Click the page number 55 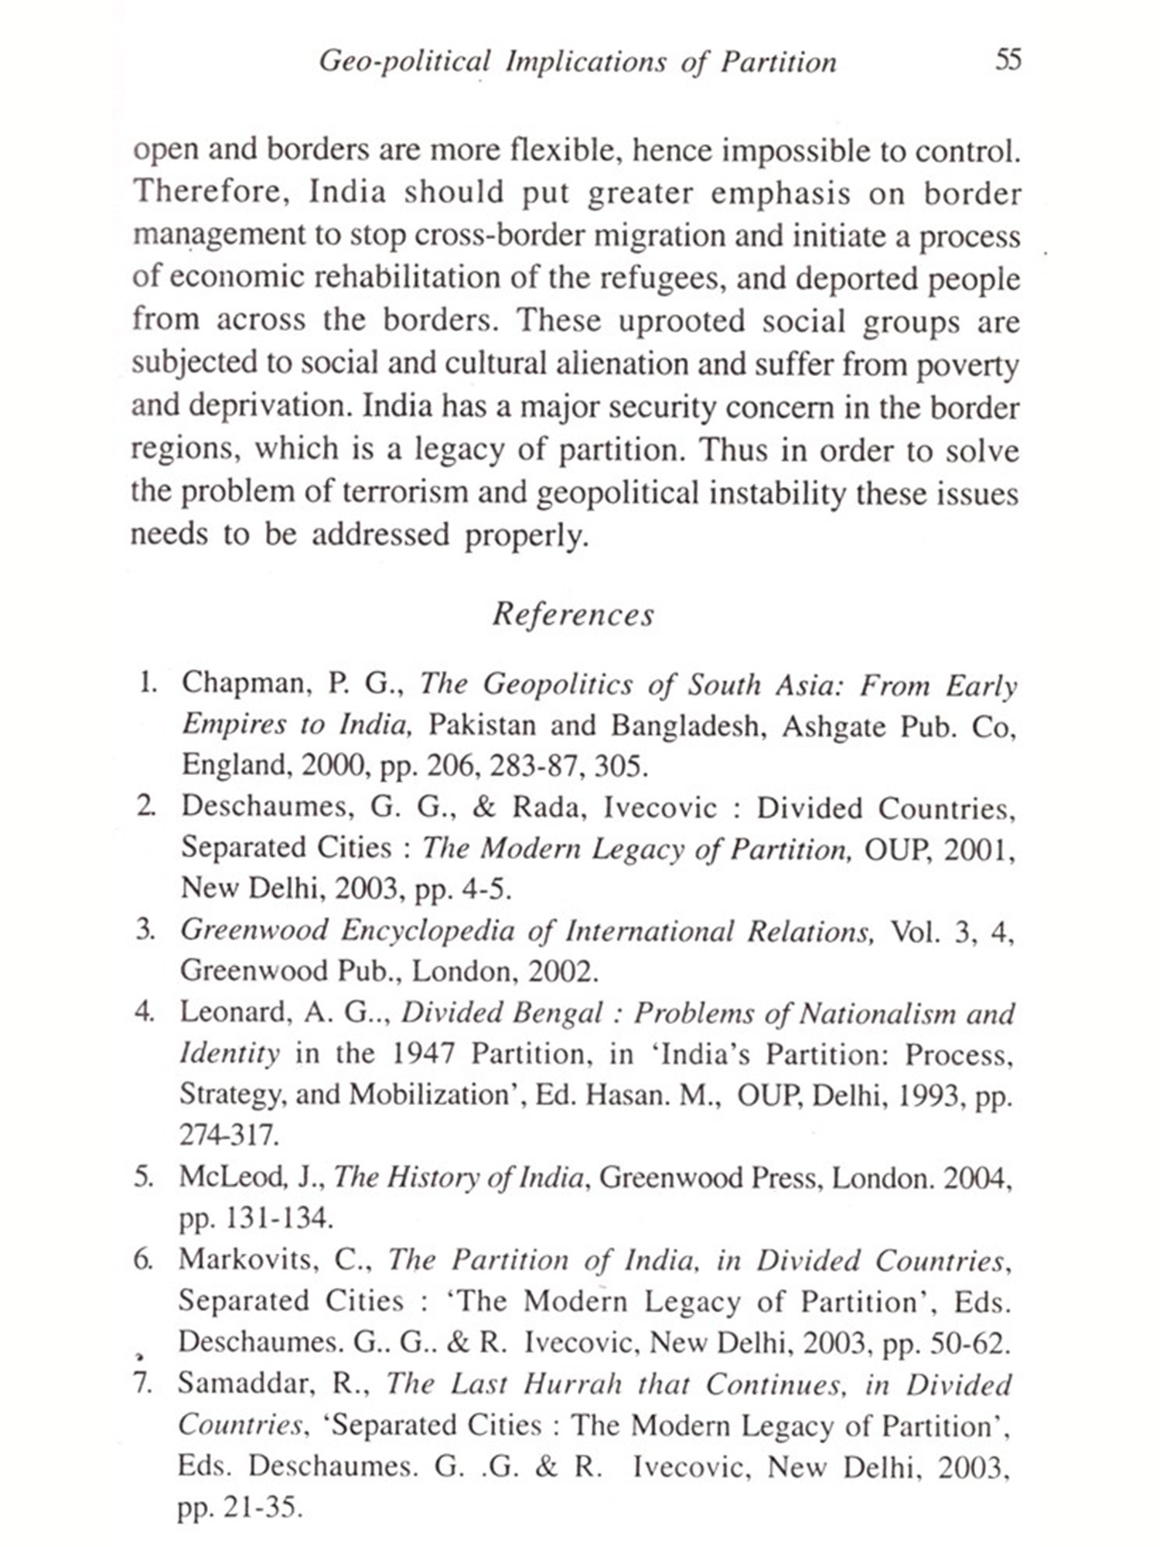click(x=1008, y=60)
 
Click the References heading click(x=573, y=614)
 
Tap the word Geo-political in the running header click(x=404, y=62)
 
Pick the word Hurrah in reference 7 click(x=572, y=1383)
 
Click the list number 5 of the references click(x=143, y=1177)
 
